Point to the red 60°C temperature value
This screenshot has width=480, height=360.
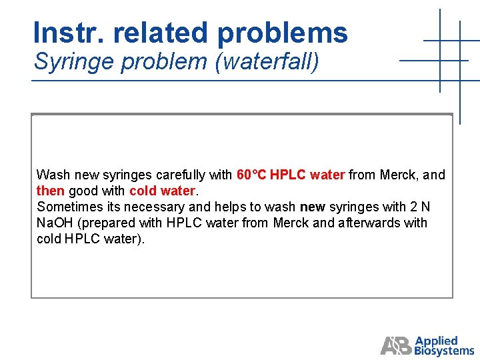[x=251, y=175]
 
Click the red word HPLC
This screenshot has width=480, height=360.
[x=288, y=175]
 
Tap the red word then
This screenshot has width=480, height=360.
[x=50, y=191]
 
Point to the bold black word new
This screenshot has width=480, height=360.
[x=312, y=207]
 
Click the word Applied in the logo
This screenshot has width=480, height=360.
[x=437, y=341]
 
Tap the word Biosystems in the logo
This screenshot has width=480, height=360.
[x=444, y=351]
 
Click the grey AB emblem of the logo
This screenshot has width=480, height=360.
[x=396, y=345]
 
